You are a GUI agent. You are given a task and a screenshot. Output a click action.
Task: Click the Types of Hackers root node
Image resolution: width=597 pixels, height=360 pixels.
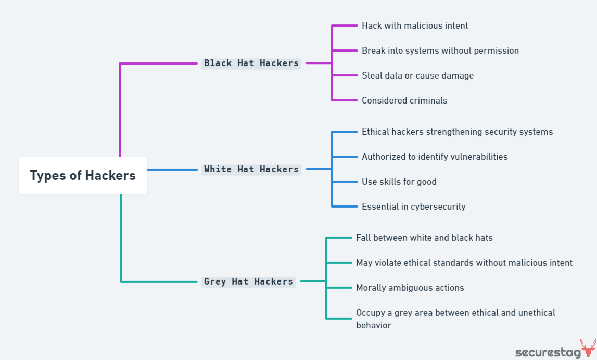pos(83,175)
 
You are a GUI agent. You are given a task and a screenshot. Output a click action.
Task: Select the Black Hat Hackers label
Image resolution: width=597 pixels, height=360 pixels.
pos(251,63)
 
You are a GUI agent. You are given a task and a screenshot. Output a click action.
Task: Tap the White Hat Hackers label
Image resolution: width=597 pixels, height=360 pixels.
pos(251,169)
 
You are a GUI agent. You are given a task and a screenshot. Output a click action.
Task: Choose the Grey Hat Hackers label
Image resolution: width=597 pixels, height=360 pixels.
pos(248,281)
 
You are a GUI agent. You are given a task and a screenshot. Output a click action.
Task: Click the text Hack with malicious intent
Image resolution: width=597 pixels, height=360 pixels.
pos(415,25)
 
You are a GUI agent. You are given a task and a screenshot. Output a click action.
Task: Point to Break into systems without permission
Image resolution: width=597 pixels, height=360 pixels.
pos(440,50)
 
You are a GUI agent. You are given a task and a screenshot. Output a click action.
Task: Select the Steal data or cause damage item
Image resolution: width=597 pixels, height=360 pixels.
pos(417,75)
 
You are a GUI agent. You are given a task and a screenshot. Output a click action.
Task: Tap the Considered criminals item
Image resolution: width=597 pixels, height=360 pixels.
pos(404,100)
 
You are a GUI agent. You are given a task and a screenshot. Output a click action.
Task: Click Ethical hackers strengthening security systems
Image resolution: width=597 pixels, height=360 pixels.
pos(457,132)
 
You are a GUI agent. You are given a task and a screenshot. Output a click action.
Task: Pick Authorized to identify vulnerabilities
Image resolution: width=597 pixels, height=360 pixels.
pos(435,157)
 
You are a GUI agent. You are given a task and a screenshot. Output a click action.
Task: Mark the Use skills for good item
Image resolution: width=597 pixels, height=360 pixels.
pos(399,182)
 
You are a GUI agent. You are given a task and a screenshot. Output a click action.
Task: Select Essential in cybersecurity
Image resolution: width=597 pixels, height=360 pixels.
pos(413,207)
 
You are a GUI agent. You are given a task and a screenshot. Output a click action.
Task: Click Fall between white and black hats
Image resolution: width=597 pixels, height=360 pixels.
pos(424,238)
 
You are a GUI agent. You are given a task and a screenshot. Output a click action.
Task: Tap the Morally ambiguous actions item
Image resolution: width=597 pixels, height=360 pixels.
pos(410,288)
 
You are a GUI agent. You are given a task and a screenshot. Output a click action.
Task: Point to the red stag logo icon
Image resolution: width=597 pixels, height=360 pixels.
pos(588,348)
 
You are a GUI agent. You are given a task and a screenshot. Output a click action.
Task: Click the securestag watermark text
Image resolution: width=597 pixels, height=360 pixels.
pos(547,352)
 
